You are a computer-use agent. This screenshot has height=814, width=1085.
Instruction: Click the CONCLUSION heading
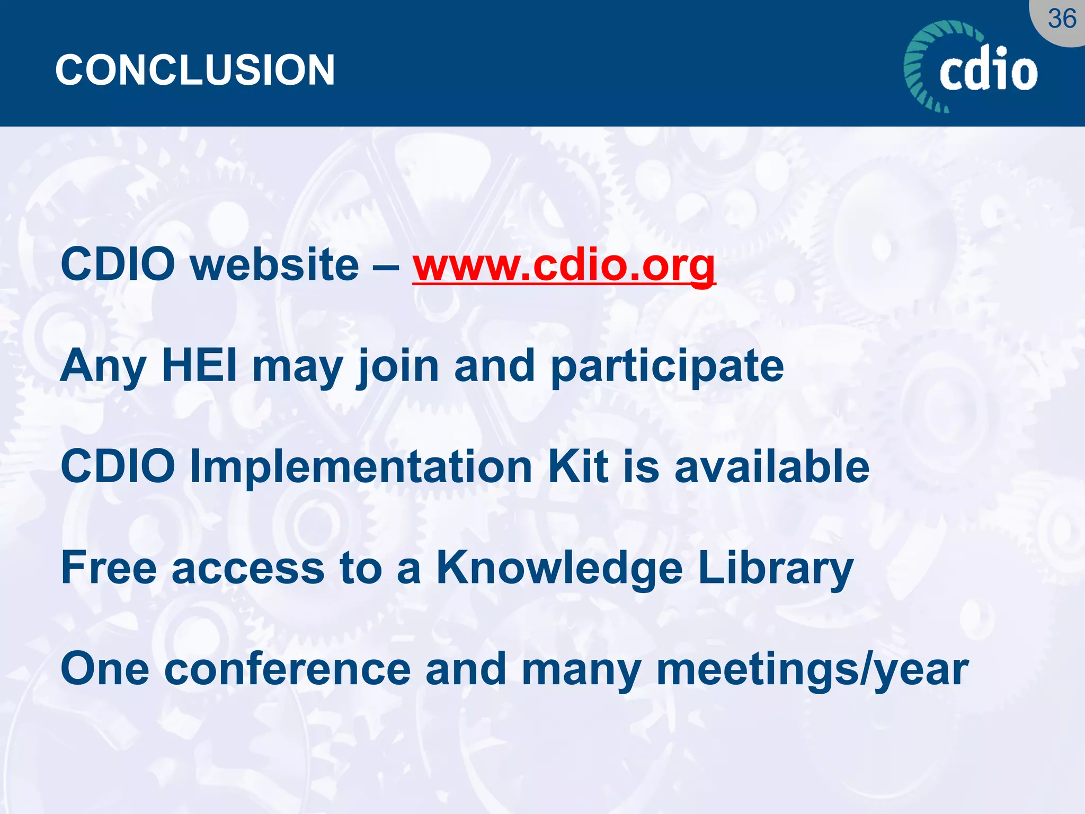[195, 70]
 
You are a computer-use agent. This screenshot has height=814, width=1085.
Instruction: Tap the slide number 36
[1062, 20]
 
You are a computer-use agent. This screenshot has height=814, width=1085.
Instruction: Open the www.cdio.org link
[564, 265]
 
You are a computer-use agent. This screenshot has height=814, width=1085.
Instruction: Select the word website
[274, 265]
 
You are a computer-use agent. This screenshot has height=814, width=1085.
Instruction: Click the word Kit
[578, 466]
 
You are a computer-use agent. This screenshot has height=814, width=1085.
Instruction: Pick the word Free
[109, 568]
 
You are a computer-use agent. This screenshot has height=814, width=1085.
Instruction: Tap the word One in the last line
[105, 669]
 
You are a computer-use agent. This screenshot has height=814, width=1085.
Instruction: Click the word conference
[287, 669]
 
